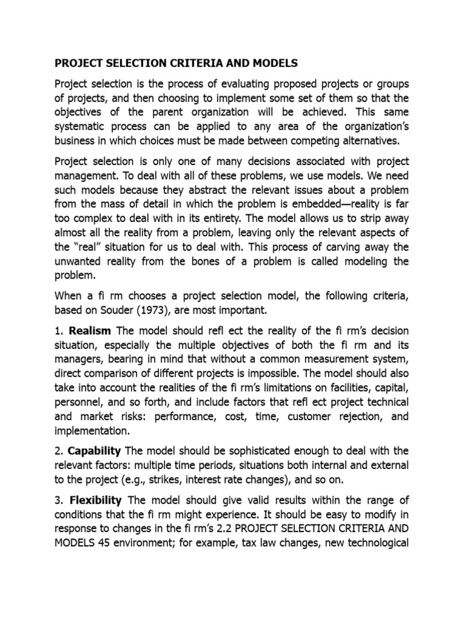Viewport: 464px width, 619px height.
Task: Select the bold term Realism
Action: (x=91, y=331)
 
